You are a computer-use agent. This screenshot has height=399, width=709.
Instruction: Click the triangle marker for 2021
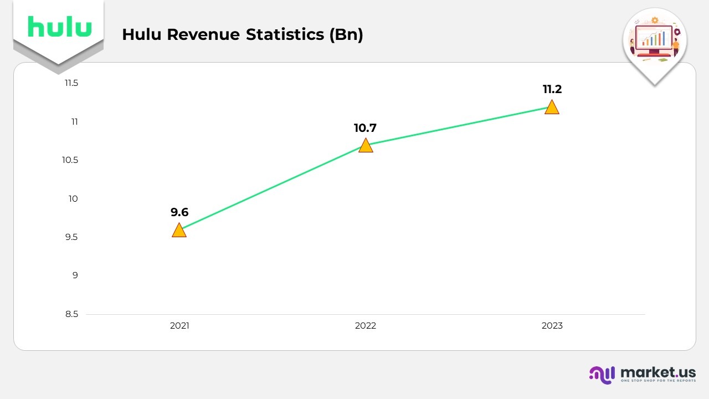pyautogui.click(x=179, y=231)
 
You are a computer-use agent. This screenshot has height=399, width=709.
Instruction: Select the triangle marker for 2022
pyautogui.click(x=366, y=146)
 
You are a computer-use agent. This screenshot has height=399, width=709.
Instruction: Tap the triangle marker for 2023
pyautogui.click(x=552, y=108)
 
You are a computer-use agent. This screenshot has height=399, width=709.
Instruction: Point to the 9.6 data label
pyautogui.click(x=179, y=212)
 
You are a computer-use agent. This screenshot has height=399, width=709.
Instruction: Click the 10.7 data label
pyautogui.click(x=365, y=128)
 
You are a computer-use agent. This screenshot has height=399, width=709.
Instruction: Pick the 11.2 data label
pyautogui.click(x=552, y=89)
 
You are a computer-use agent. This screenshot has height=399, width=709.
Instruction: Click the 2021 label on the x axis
pyautogui.click(x=179, y=326)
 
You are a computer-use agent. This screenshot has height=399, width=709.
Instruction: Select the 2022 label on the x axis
pyautogui.click(x=366, y=326)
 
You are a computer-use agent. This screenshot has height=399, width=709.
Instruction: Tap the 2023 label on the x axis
pyautogui.click(x=552, y=326)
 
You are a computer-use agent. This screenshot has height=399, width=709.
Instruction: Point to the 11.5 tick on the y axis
pyautogui.click(x=71, y=83)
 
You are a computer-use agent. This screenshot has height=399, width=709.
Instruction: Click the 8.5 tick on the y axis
pyautogui.click(x=72, y=314)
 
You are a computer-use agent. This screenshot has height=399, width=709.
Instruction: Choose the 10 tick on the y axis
pyautogui.click(x=73, y=198)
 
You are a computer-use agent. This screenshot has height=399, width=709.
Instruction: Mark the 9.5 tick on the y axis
pyautogui.click(x=72, y=237)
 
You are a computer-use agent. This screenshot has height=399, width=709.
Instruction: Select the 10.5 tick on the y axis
pyautogui.click(x=70, y=160)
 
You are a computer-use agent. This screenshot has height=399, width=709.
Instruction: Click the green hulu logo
pyautogui.click(x=59, y=27)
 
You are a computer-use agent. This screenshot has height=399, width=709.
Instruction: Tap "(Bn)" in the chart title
pyautogui.click(x=346, y=34)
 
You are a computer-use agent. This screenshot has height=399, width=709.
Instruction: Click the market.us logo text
pyautogui.click(x=658, y=372)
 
